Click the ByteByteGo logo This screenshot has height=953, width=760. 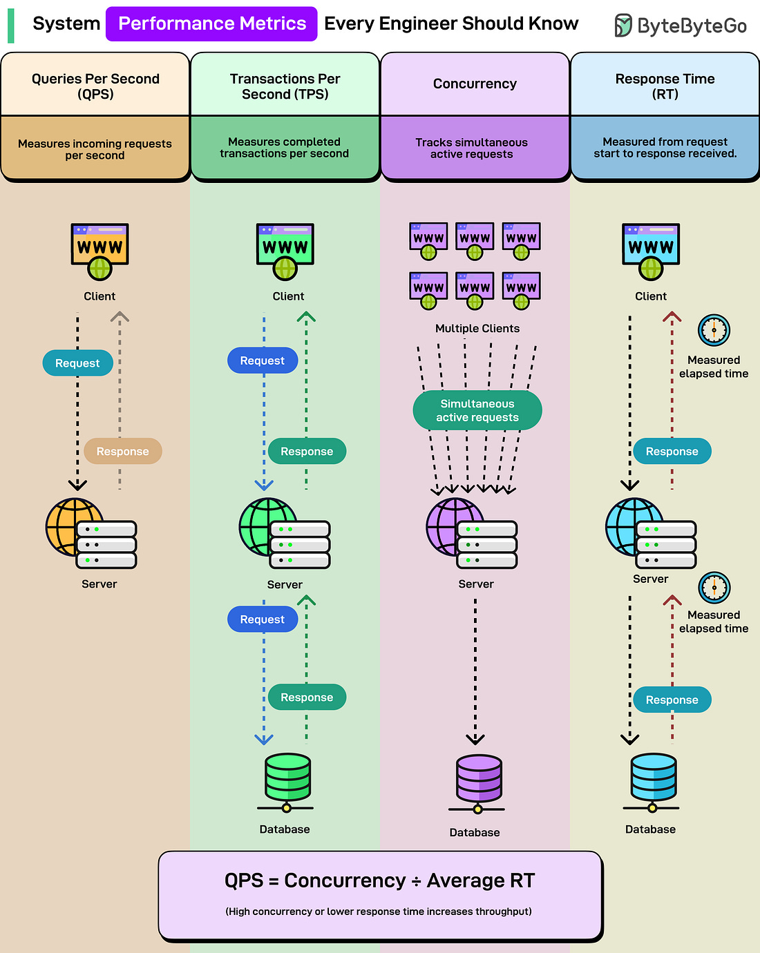point(681,26)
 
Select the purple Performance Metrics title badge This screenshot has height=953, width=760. point(211,23)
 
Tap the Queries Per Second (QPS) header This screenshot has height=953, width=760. point(95,86)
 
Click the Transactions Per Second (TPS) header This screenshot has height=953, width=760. point(285,86)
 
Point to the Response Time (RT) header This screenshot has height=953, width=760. point(665,86)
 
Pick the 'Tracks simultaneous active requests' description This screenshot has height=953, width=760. point(471,148)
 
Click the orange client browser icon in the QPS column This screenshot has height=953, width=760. point(99,251)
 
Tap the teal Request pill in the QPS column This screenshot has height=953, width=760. point(77,363)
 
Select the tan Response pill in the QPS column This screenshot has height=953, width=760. point(123,452)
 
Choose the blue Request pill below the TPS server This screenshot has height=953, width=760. point(262,619)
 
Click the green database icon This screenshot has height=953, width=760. point(287,780)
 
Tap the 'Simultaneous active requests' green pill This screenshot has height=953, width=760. point(477,411)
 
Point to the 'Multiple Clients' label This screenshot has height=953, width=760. point(477,329)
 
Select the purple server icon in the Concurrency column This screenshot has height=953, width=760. point(471,533)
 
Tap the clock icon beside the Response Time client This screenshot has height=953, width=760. point(714,330)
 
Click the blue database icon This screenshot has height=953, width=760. point(652,780)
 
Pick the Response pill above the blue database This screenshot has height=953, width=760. point(672,700)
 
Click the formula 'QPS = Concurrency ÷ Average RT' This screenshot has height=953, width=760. point(379,881)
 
